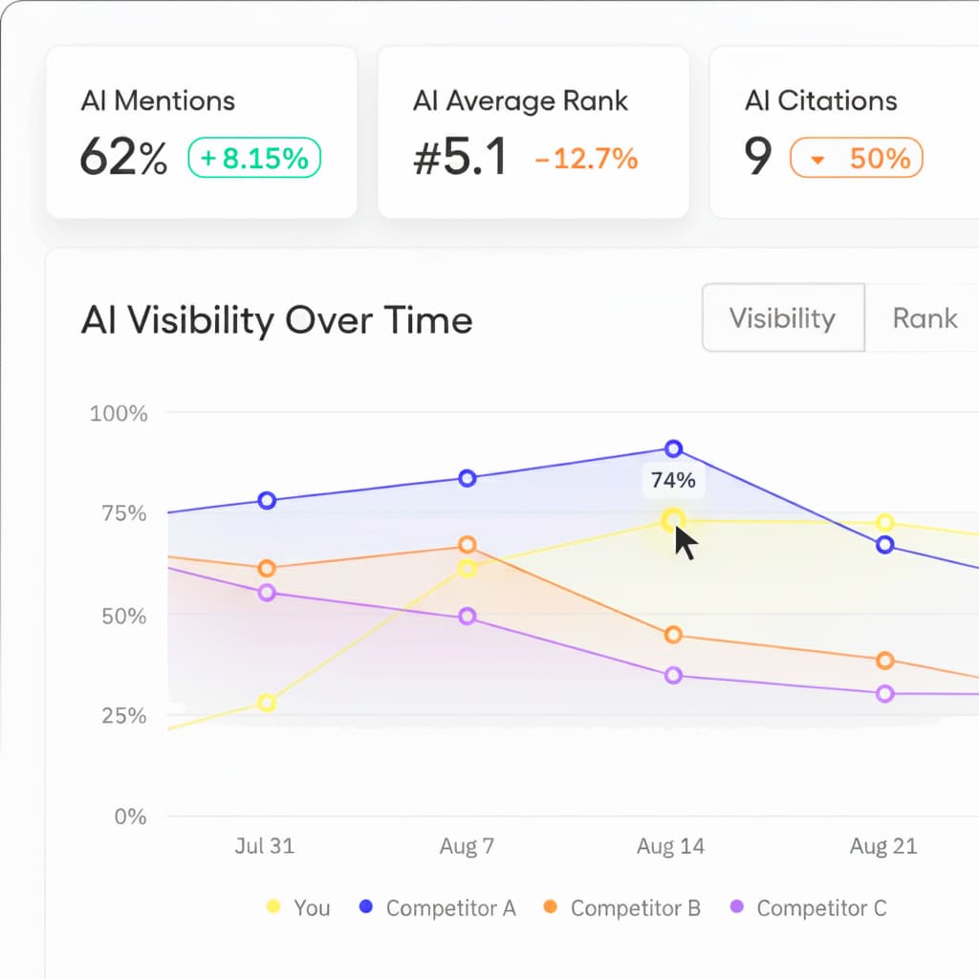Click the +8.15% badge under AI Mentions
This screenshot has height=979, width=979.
tap(254, 158)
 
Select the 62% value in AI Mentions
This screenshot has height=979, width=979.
tap(123, 158)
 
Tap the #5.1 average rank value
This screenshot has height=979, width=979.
tap(460, 158)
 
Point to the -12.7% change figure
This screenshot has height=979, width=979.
tap(586, 159)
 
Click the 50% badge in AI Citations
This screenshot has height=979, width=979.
tap(856, 159)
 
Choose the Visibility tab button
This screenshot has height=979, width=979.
tap(782, 317)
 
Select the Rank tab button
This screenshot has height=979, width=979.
tap(924, 317)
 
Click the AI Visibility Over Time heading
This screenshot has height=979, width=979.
tap(276, 319)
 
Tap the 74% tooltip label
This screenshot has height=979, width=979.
tap(673, 481)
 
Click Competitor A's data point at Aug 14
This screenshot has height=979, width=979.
tap(673, 448)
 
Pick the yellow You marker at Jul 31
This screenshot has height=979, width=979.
tap(267, 703)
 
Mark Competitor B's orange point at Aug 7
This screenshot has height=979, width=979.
tap(468, 545)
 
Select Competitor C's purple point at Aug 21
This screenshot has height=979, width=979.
tap(885, 693)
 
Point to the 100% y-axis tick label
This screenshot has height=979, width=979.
tap(119, 414)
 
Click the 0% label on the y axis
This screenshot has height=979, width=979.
tap(130, 816)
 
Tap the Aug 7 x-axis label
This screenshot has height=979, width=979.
tap(467, 846)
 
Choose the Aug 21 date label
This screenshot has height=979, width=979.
tap(883, 846)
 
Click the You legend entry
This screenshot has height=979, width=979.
tap(298, 907)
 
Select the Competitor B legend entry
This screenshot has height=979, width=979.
tap(621, 907)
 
